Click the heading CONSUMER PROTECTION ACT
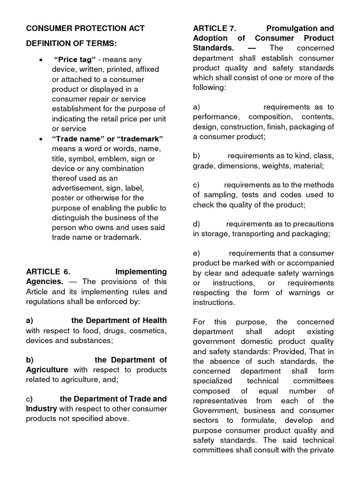[x=85, y=28]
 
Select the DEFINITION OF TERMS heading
[x=71, y=44]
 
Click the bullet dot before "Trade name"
[x=42, y=139]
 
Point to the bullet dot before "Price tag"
[x=42, y=60]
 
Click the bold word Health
[x=155, y=321]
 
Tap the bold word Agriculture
[x=47, y=369]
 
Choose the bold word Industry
[x=41, y=409]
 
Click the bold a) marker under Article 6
[x=30, y=321]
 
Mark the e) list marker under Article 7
[x=196, y=253]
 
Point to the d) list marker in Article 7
[x=196, y=224]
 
